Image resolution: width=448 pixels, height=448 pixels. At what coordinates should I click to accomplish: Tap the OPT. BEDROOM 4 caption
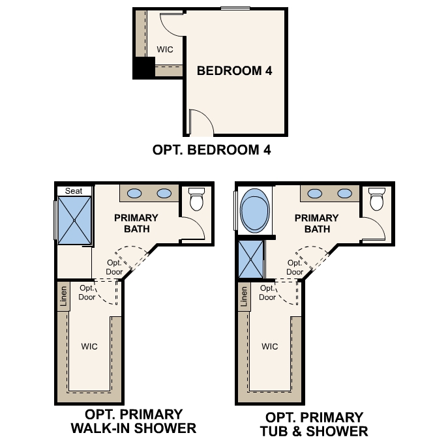[211, 150]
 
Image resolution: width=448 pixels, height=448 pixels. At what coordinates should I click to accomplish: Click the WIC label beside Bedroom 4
[164, 49]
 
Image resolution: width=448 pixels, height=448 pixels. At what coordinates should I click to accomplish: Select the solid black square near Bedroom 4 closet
[143, 68]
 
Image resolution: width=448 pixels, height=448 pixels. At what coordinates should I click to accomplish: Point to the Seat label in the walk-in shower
[74, 190]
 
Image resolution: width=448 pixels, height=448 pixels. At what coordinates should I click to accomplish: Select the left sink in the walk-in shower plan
[134, 193]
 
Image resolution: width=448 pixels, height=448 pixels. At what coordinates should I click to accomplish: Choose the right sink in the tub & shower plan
[344, 193]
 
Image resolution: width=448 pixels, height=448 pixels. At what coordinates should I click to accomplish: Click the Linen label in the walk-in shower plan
[63, 297]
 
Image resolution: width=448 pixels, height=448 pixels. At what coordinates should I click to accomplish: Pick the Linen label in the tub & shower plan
[244, 297]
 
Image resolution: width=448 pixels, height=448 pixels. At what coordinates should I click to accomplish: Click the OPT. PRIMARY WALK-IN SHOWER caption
[134, 421]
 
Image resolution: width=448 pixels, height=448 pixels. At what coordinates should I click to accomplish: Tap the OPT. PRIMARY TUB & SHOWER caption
[314, 424]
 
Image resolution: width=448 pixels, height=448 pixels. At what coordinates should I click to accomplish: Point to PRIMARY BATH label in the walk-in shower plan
[136, 223]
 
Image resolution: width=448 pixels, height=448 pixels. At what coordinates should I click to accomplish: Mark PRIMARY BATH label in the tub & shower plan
[317, 223]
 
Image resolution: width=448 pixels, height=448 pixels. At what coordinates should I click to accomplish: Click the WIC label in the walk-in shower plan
[89, 346]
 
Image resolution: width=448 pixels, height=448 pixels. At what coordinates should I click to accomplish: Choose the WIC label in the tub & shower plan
[270, 346]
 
